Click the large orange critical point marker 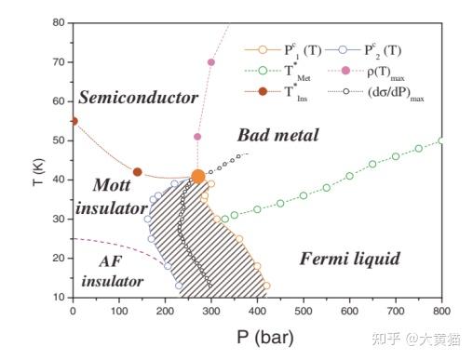click(198, 177)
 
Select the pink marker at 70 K click(211, 62)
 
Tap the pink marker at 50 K click(197, 137)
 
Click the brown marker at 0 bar click(74, 121)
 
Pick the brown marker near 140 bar click(137, 172)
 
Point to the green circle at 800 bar click(441, 140)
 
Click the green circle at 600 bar click(349, 176)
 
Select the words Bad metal click(278, 135)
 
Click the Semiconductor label click(138, 98)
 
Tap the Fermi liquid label click(350, 259)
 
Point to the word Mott click(112, 185)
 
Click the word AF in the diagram click(111, 261)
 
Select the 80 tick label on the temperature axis click(59, 22)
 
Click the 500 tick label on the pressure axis click(304, 311)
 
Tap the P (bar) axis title click(265, 338)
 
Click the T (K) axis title click(38, 172)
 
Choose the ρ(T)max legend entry click(366, 73)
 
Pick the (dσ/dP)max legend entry click(376, 93)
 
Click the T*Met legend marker click(263, 71)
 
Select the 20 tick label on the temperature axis click(59, 258)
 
